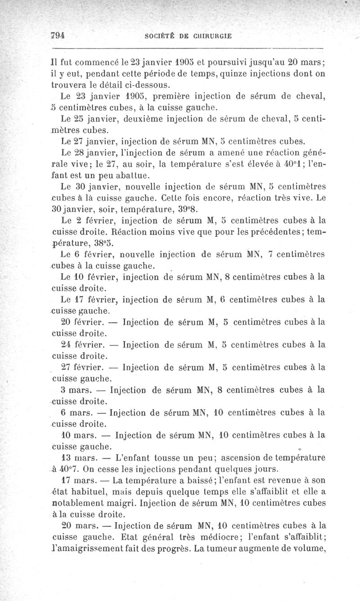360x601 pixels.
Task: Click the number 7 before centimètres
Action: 270,255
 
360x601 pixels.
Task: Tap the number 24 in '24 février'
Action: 66,345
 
